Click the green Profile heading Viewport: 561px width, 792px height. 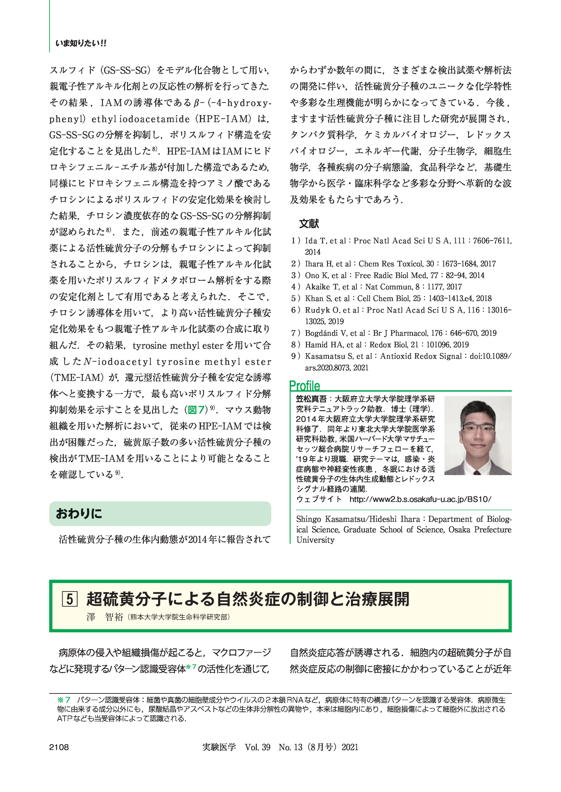304,386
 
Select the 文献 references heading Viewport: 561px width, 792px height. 309,224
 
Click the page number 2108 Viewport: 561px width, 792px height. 59,747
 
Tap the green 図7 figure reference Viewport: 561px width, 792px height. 196,410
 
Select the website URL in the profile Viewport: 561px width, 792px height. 420,499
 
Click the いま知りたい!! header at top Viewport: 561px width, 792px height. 81,44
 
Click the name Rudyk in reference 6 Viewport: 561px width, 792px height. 316,310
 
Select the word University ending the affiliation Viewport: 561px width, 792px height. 315,540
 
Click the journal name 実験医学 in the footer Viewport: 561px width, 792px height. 219,747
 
